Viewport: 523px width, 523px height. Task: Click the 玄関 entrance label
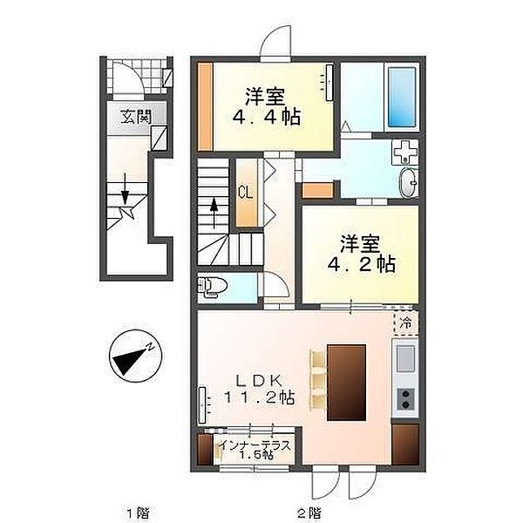point(136,117)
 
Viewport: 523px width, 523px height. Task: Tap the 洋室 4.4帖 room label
point(266,106)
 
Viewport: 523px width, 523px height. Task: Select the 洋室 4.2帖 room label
point(361,254)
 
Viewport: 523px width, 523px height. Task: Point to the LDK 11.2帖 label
point(259,389)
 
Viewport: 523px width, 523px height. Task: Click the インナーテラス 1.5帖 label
point(255,450)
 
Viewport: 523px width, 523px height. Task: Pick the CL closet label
point(246,193)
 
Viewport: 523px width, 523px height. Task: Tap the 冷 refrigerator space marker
point(406,323)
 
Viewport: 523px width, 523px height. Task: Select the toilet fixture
point(212,287)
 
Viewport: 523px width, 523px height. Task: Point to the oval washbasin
point(409,182)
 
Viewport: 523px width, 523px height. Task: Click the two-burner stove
point(406,399)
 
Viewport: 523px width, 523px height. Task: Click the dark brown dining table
point(347,383)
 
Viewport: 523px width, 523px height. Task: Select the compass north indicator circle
point(135,356)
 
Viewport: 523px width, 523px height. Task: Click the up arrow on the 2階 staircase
point(214,213)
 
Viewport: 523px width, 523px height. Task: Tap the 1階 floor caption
point(138,512)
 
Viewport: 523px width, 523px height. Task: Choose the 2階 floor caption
point(309,512)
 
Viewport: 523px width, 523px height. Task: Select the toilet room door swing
point(275,284)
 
